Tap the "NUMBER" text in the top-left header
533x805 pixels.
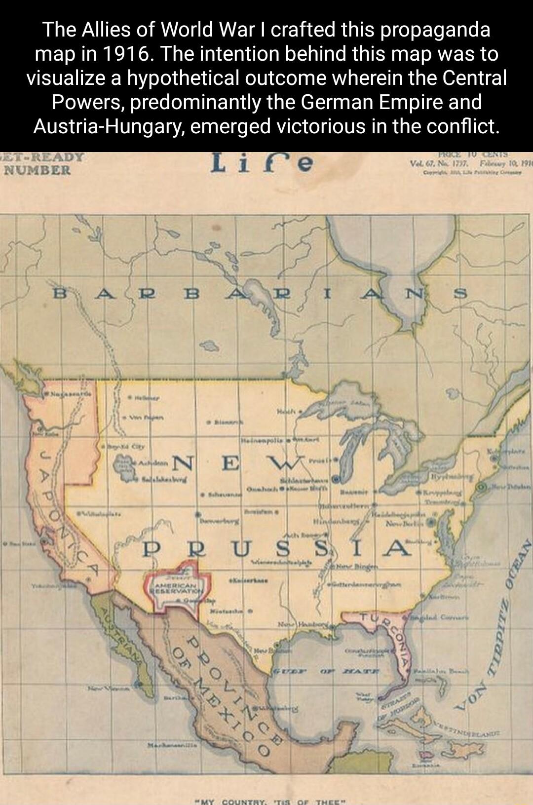coord(38,171)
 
